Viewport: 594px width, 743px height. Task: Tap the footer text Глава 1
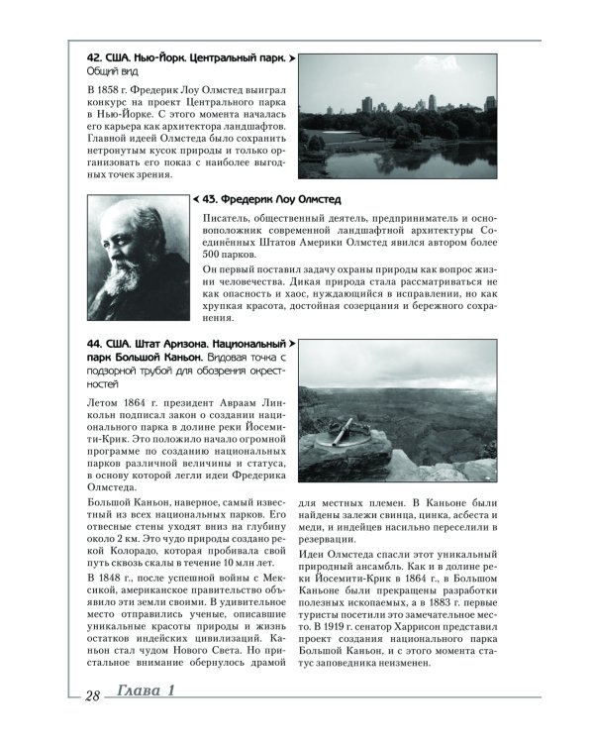(143, 720)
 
